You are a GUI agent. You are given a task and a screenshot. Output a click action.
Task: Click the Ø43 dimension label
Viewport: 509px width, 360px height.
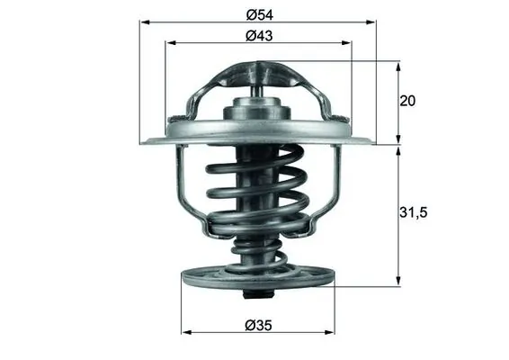258,37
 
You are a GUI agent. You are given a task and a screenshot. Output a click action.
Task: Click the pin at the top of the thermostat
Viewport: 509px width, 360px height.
258,83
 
